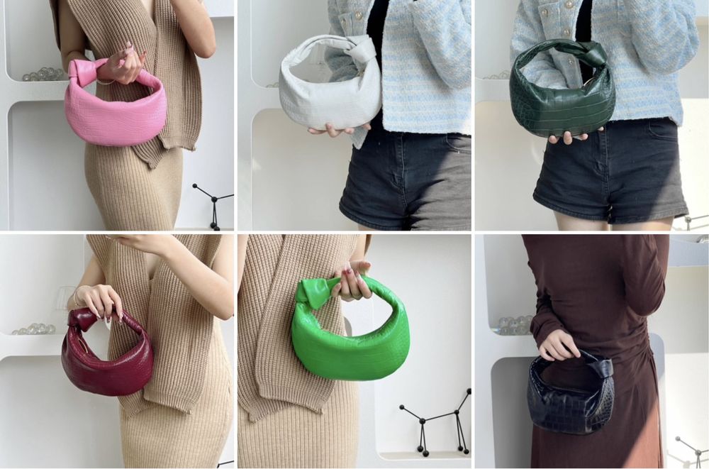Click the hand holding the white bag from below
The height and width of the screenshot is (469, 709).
pos(333,130)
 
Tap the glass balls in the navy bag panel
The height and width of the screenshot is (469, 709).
pos(514,325)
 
